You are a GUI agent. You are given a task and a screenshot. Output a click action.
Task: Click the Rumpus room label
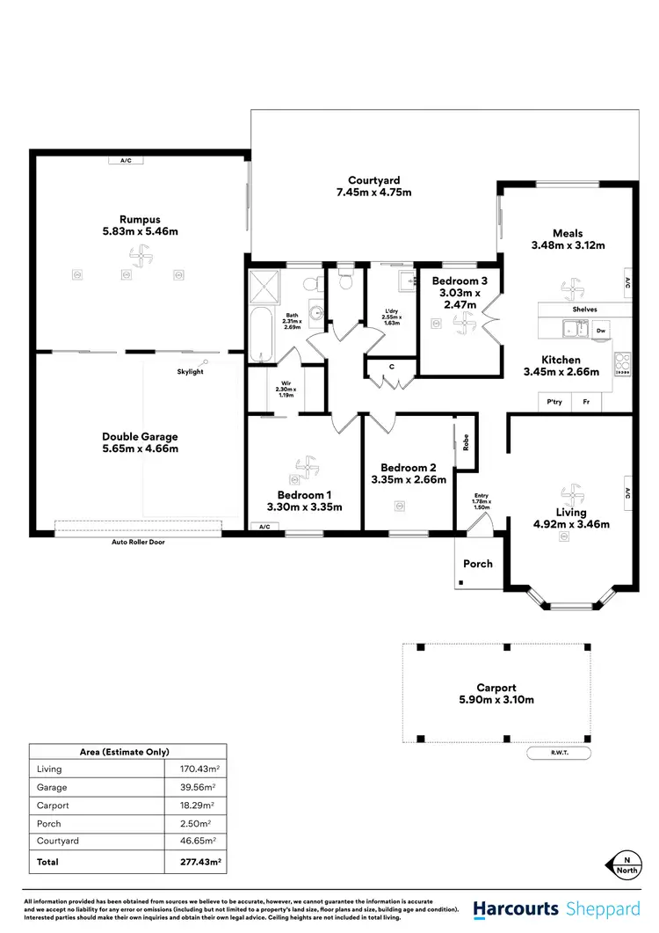[x=140, y=219]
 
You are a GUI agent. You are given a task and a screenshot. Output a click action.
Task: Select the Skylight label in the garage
[x=190, y=372]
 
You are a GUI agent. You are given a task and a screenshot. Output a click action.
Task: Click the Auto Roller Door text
[x=138, y=543]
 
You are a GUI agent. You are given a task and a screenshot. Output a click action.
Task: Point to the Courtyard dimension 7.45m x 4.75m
[x=373, y=192]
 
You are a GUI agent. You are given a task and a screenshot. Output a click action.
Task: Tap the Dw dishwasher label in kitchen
[x=601, y=331]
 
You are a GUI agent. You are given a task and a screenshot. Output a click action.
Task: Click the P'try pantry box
[x=554, y=402]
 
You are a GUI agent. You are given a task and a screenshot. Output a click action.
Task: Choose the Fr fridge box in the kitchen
[x=586, y=402]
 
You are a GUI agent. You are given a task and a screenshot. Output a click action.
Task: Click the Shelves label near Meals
[x=584, y=310]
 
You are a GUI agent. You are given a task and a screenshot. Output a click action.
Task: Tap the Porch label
[x=478, y=564]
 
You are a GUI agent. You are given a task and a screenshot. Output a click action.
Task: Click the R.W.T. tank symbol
[x=558, y=753]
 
